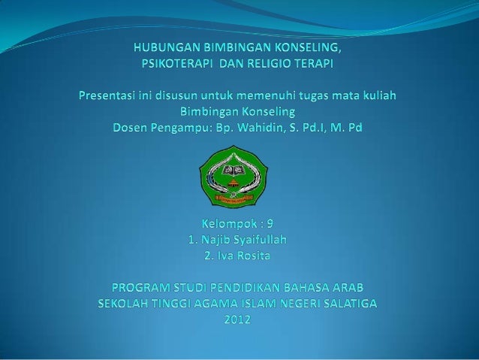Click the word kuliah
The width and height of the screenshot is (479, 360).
(x=376, y=97)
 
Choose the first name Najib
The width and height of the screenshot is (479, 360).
(x=217, y=241)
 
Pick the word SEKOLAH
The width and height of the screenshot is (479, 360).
(x=126, y=304)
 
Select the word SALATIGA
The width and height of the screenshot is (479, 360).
(x=349, y=304)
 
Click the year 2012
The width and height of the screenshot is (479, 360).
(x=239, y=320)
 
